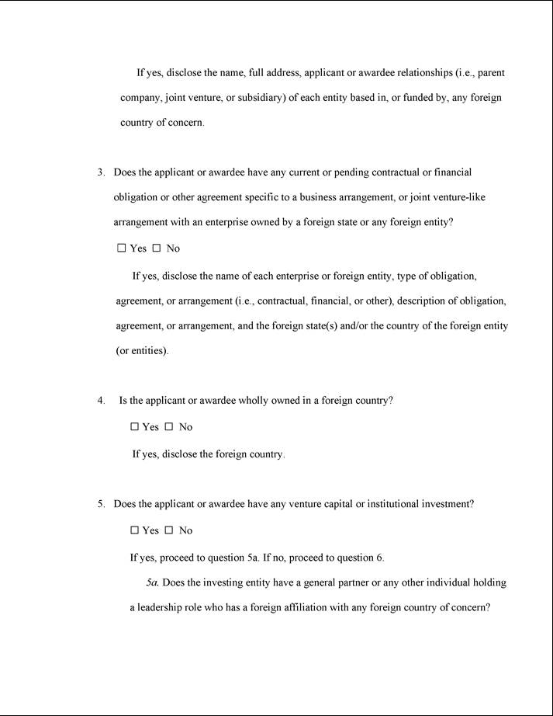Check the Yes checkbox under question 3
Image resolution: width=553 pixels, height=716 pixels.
coord(121,249)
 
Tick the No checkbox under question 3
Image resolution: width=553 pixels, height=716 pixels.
coord(156,249)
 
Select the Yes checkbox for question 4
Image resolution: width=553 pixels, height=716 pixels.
coord(134,427)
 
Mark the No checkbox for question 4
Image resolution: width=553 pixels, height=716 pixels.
coord(169,427)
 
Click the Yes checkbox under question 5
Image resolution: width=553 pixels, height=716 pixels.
coord(134,530)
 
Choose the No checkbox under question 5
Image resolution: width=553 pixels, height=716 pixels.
coord(169,530)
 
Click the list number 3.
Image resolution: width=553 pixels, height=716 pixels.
coord(100,172)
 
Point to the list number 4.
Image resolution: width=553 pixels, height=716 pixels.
coord(101,401)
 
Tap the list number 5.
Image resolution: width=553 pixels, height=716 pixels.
coord(100,504)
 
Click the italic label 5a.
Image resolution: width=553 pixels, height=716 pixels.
coord(153,582)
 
